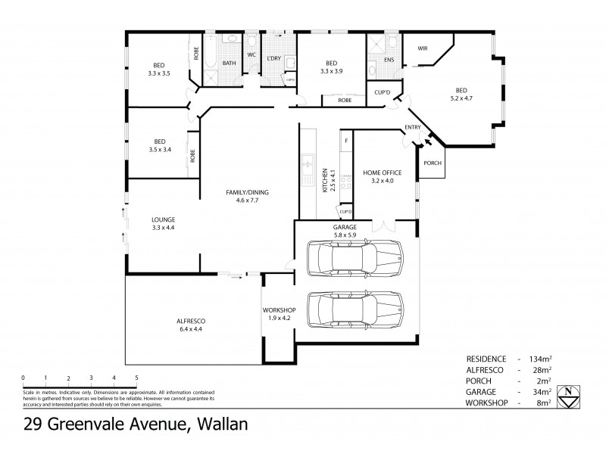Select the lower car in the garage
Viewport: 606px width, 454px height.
tap(355, 308)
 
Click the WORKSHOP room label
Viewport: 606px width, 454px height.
tap(278, 314)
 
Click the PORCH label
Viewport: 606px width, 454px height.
tap(432, 163)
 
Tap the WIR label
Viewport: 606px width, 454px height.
tap(423, 48)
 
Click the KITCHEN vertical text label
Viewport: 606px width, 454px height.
tap(325, 180)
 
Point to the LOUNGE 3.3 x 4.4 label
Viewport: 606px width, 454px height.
tap(163, 223)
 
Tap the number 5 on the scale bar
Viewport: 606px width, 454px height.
tap(136, 378)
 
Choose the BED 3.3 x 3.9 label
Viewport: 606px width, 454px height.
tap(331, 67)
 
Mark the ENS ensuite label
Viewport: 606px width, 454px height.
tap(389, 59)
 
